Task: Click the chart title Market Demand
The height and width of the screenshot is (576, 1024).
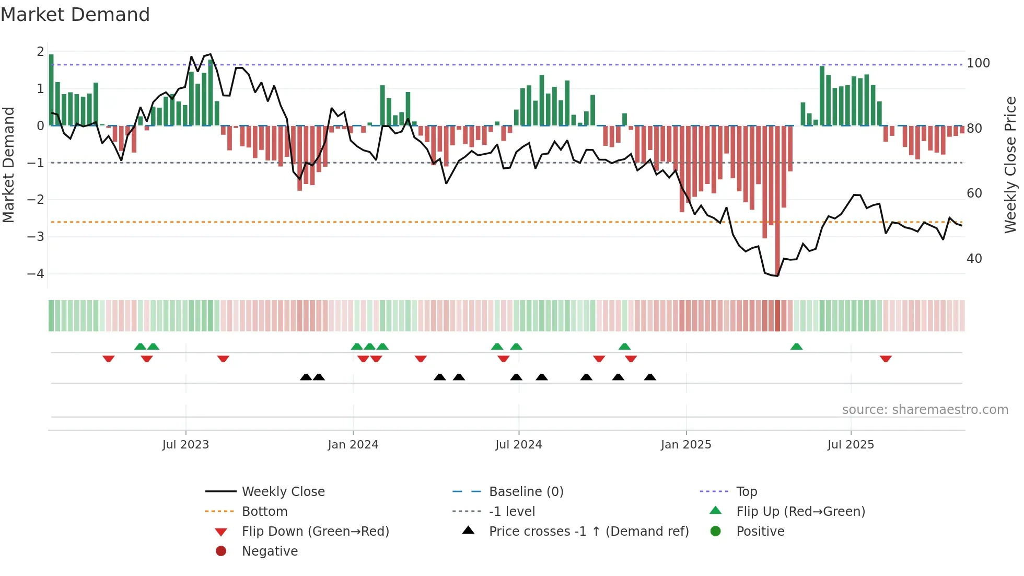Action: tap(75, 15)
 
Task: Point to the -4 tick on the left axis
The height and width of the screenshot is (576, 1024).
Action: tap(36, 273)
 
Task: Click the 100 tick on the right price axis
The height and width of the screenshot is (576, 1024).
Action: tap(978, 63)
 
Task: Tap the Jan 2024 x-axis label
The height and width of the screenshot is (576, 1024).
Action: tap(353, 445)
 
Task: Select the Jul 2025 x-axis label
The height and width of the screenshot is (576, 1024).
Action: tap(850, 445)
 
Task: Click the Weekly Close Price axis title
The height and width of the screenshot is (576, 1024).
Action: tap(1010, 165)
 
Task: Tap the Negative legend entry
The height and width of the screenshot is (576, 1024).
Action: tap(270, 551)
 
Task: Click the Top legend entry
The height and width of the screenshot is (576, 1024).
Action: tap(746, 491)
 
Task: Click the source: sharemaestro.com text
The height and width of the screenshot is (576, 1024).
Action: tap(925, 409)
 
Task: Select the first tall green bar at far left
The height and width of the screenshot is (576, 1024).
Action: tap(51, 89)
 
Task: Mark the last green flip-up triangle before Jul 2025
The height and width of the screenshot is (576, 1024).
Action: tap(796, 347)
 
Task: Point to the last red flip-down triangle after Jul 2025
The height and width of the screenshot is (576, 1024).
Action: tap(886, 359)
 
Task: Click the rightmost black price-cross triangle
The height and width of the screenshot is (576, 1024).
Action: tap(650, 377)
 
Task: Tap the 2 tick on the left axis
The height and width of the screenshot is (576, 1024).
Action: tap(40, 52)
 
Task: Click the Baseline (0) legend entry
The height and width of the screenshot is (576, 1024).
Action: tap(526, 491)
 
